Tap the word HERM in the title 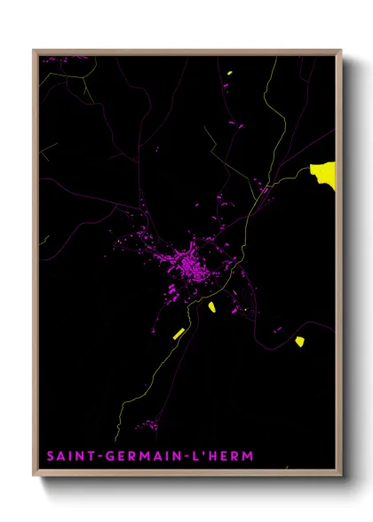tap(229, 455)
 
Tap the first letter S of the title tap(51, 455)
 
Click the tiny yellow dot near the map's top tap(229, 74)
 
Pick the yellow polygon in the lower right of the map tap(300, 341)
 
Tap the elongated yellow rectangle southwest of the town tap(178, 334)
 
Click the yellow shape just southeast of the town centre tap(212, 307)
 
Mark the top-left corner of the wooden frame tap(35, 51)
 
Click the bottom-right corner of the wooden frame tap(341, 477)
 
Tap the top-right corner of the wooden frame tap(341, 51)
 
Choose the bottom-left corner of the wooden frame tap(35, 477)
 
